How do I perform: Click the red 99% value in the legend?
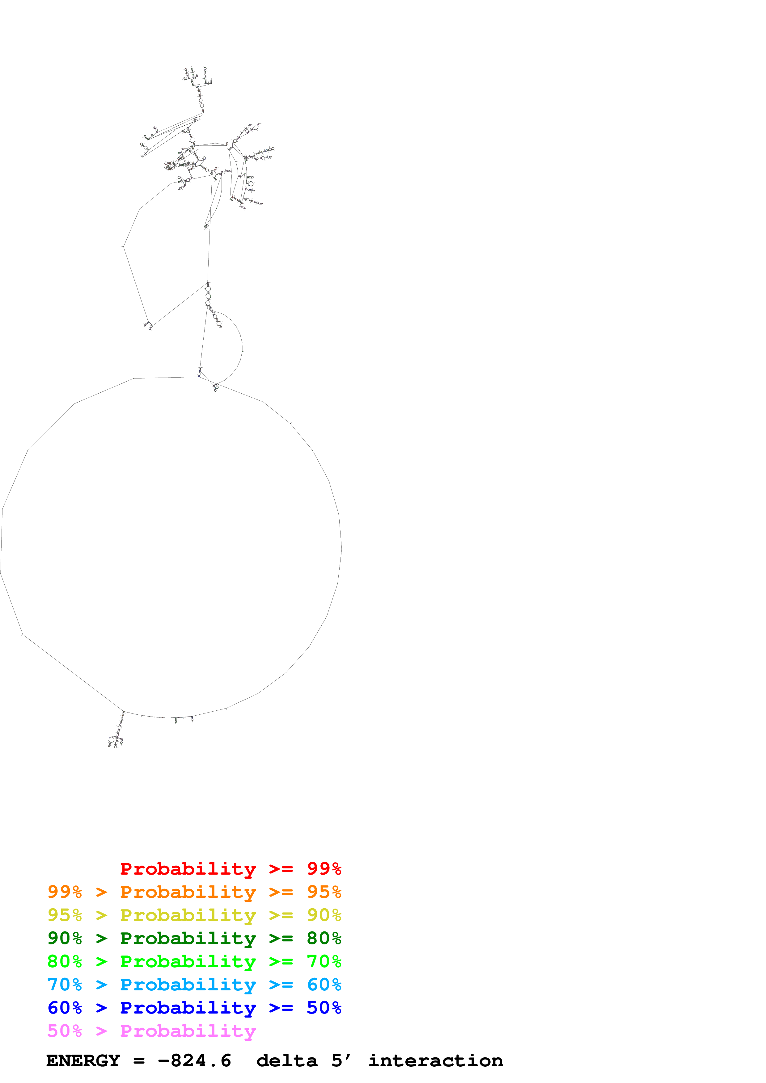tap(324, 869)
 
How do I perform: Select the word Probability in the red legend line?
tap(188, 869)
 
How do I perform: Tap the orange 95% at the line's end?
tap(324, 892)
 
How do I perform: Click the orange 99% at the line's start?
tap(65, 892)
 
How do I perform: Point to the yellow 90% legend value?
tap(324, 915)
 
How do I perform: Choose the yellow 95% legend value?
tap(65, 915)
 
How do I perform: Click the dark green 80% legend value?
tap(324, 938)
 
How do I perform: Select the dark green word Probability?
tap(188, 938)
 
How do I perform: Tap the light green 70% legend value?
tap(324, 961)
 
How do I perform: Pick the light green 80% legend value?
tap(65, 961)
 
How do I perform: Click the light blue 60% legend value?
tap(324, 985)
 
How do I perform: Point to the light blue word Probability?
tap(188, 985)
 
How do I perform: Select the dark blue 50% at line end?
tap(324, 1008)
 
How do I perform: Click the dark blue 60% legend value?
tap(65, 1008)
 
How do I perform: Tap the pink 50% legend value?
tap(65, 1031)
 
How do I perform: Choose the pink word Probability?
tap(188, 1031)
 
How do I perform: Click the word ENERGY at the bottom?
tap(83, 1060)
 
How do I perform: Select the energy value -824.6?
tap(194, 1060)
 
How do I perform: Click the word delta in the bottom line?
tap(287, 1060)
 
